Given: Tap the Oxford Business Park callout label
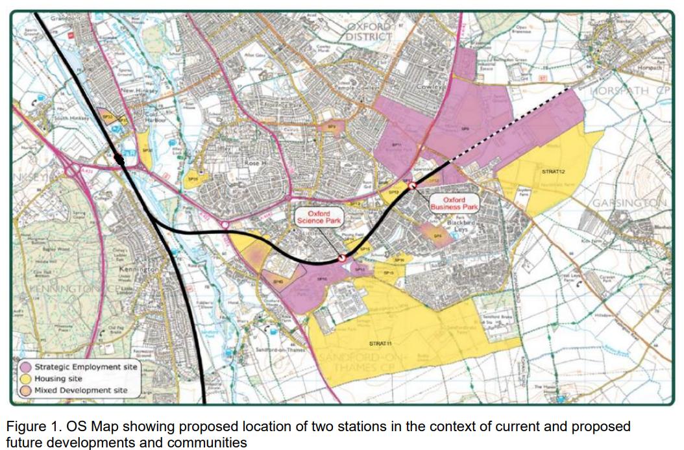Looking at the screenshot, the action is tap(454, 203).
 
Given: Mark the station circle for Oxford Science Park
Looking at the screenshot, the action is tap(341, 258).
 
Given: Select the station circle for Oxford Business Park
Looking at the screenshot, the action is tap(411, 186).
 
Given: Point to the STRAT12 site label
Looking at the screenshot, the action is tap(554, 172).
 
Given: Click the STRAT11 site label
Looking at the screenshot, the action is tap(379, 342).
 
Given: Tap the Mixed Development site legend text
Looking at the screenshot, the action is tap(80, 390).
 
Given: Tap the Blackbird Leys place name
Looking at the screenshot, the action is tap(462, 225).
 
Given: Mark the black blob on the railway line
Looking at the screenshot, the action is tap(119, 159).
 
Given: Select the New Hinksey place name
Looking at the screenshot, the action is tap(134, 90).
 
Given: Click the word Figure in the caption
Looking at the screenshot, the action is tap(24, 427).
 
